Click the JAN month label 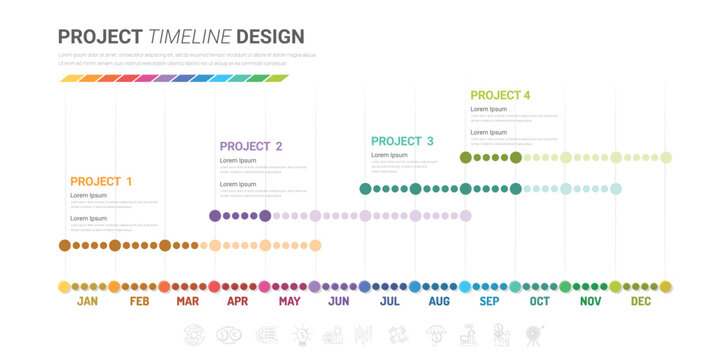pos(88,301)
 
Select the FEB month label pos(139,301)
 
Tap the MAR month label pos(188,301)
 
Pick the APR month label pos(238,301)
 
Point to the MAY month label pos(289,301)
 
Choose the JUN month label pos(339,301)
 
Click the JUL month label pos(390,301)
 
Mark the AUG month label pos(439,301)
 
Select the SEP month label pos(489,301)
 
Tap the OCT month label pos(540,301)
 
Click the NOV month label pos(590,301)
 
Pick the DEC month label pos(640,301)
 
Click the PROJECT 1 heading pos(101,181)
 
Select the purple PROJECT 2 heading pos(251,146)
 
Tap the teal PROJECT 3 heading pos(402,141)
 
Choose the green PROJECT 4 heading pos(500,95)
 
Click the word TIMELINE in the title pos(190,37)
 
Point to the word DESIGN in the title pos(270,37)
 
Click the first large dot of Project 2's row pos(215,215)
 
